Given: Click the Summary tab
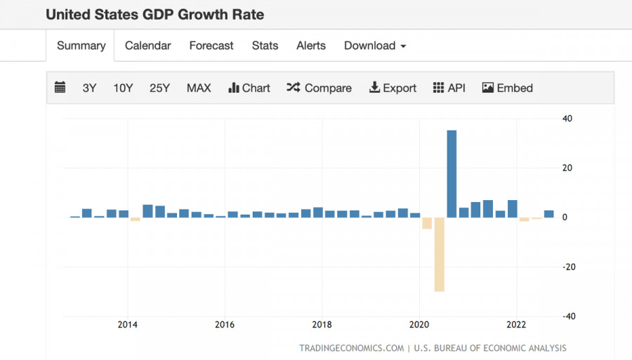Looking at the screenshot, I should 81,46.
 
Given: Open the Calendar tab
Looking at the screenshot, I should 147,46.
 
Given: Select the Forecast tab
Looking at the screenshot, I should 211,46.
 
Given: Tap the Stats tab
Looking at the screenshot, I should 265,46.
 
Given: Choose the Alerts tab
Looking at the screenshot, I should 311,46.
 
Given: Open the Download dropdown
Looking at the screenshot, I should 375,46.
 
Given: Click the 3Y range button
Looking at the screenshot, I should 89,88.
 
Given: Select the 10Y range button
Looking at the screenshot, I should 123,88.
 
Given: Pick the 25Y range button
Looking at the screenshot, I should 159,88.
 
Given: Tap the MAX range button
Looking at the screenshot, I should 199,88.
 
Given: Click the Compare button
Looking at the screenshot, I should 320,88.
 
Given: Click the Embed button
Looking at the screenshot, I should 508,88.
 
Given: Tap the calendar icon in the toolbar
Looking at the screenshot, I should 60,88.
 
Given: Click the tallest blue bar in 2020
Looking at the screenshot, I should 452,173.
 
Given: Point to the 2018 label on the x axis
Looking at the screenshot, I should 322,325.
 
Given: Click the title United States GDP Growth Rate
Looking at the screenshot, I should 155,14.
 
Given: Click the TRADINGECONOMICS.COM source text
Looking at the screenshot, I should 351,348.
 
